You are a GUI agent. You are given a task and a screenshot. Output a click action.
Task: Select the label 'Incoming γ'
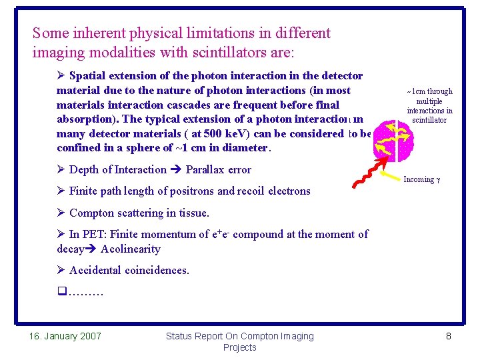point(423,180)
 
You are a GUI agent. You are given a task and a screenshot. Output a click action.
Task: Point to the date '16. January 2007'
point(65,336)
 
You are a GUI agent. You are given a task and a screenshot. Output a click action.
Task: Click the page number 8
point(449,336)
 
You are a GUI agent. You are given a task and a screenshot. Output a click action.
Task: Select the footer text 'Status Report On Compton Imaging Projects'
point(239,341)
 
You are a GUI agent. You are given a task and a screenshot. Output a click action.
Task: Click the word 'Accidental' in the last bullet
point(95,271)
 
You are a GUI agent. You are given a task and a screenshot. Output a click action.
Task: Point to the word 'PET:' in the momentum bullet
point(95,234)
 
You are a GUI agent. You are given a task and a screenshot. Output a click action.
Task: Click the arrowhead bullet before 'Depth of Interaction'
point(61,170)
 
